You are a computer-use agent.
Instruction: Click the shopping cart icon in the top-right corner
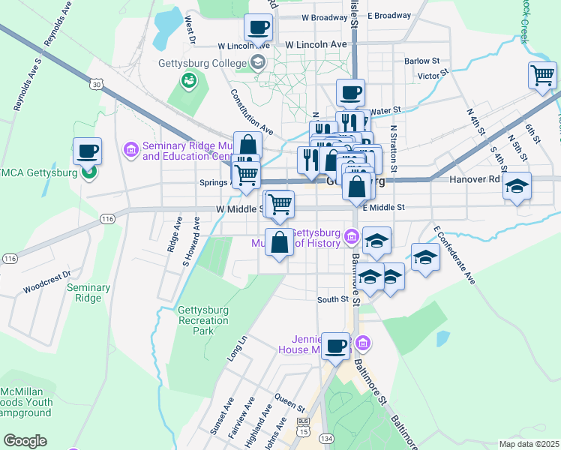click(542, 75)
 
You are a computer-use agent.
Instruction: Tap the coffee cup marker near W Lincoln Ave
click(258, 28)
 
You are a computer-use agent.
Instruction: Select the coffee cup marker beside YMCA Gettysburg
click(87, 151)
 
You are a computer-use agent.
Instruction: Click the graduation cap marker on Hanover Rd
click(517, 185)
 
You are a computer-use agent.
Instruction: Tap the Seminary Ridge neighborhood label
click(88, 292)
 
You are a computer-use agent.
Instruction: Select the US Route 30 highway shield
click(95, 85)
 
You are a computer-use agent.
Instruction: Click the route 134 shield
click(325, 438)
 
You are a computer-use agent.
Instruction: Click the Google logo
click(25, 440)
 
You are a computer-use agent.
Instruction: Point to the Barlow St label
click(421, 61)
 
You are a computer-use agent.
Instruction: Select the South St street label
click(333, 299)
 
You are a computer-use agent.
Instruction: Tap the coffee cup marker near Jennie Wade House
click(335, 346)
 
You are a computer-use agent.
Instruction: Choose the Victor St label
click(432, 75)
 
